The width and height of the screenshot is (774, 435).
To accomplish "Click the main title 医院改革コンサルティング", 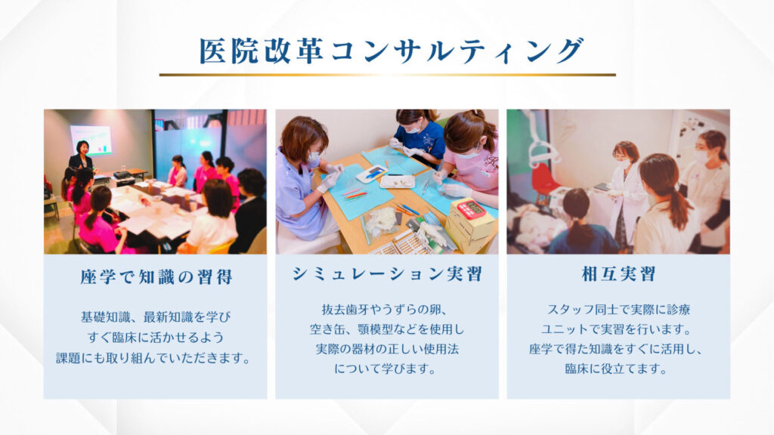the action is pos(391,51).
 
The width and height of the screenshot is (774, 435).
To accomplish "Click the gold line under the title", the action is pos(387,75).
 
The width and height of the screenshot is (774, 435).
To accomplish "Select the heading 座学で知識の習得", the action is pos(156,276).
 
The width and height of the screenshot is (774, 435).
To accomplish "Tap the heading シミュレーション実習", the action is pos(387,274).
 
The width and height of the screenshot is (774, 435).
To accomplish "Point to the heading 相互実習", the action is pos(618,274).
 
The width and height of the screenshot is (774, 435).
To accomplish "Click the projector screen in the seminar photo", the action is pos(91,140).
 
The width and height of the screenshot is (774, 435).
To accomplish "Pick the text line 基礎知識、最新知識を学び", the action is pos(156,317).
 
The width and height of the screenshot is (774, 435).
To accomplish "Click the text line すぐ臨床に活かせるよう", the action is pos(156,338).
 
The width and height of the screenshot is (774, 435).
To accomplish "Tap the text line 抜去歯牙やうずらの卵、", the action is pos(385,310).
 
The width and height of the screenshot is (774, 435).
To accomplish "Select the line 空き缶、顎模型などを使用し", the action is pos(387,329).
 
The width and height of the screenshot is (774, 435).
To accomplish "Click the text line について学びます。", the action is pos(385,369).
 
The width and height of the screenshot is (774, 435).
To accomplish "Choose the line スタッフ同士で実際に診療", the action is pos(618,310).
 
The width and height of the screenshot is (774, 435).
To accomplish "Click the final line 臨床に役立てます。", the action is pos(616,369).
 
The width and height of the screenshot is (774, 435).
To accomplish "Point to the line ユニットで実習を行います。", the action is pos(616,329).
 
